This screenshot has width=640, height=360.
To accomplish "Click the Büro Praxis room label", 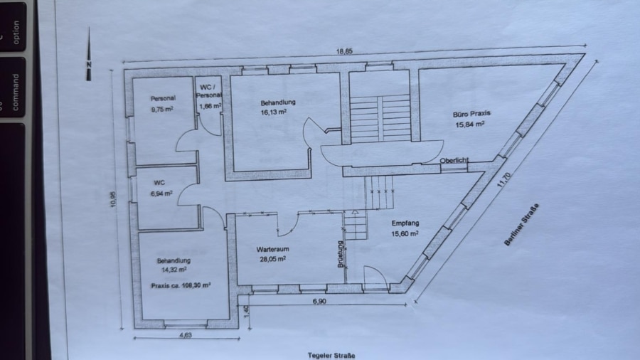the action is pos(471,114).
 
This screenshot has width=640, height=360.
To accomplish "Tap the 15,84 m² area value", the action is pos(470,124).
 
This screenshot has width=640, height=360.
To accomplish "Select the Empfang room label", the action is pos(405,223).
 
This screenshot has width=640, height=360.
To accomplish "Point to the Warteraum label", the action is pos(272,249).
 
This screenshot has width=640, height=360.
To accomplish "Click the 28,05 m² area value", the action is pos(272,259).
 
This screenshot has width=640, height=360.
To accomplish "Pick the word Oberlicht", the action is pos(454,160).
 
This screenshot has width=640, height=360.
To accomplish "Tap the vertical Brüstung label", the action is pos(341,254).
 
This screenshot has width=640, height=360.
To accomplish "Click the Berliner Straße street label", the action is pos(522,225).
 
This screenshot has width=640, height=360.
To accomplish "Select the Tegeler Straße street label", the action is pos(331,355).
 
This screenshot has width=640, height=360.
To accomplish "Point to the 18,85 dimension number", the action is pos(344,51).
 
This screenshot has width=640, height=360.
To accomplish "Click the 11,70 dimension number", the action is pos(504,180).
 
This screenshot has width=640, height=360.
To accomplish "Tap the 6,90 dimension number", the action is pos(319,301).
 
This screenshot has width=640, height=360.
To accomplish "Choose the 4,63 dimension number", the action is pos(186,335).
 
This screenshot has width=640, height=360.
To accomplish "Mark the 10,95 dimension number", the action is pos(113,199).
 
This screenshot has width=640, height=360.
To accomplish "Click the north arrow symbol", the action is pos(89,54).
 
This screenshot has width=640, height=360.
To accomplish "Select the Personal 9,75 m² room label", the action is pos(162,104).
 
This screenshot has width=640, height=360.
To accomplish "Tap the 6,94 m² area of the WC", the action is pos(161,194).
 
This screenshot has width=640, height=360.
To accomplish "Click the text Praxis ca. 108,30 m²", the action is pos(181,285).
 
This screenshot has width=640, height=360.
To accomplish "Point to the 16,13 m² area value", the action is pos(274,112).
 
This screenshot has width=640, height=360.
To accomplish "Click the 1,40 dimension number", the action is pos(246,312).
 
